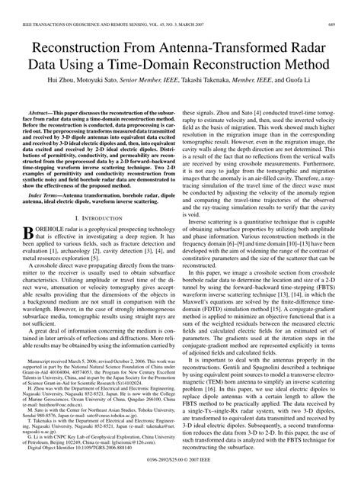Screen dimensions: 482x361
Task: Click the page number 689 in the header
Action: (x=343, y=25)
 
